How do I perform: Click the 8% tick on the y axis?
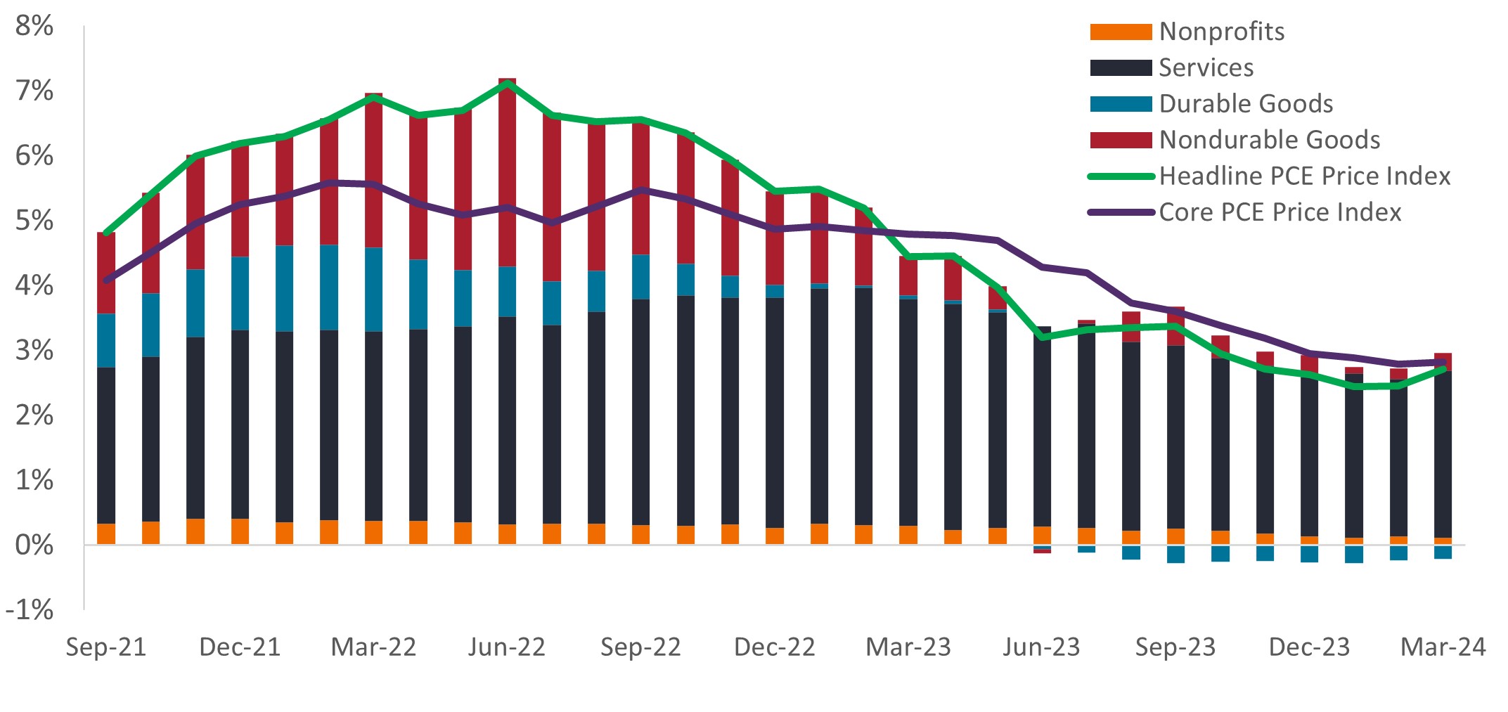coord(34,26)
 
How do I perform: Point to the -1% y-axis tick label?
coord(30,609)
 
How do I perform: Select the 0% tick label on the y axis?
coord(34,545)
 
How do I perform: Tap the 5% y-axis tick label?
coord(34,221)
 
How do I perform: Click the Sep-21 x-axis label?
coord(106,647)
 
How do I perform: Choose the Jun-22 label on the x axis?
coord(507,647)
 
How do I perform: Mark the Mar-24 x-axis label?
coord(1443,647)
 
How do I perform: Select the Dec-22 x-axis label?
coord(774,647)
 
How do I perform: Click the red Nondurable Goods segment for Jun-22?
coord(507,172)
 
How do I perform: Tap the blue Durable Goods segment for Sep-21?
coord(106,340)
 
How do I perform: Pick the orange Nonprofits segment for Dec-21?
coord(240,531)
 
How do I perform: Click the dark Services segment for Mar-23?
coord(908,411)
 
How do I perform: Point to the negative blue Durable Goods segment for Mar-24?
coord(1443,552)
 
